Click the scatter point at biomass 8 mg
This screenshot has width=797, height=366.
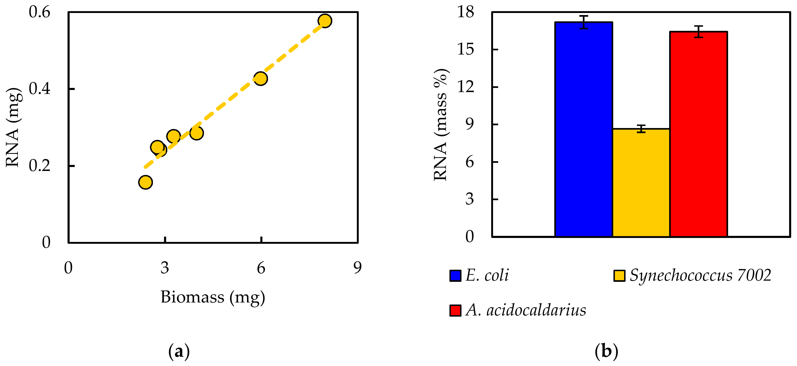325,21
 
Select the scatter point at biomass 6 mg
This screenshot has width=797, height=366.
261,79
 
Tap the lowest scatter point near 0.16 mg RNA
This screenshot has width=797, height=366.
145,182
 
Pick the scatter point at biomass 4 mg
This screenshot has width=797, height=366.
197,133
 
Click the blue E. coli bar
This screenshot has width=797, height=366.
583,130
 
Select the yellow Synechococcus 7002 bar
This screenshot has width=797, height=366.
641,182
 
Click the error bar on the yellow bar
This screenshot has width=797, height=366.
641,129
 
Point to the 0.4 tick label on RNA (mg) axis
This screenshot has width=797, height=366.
39,89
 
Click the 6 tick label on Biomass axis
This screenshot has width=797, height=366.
261,268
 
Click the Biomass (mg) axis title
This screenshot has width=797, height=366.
213,297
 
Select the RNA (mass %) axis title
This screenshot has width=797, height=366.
441,125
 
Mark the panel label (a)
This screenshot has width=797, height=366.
179,352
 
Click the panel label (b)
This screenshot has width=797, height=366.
606,352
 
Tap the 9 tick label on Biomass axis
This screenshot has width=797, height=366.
357,268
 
